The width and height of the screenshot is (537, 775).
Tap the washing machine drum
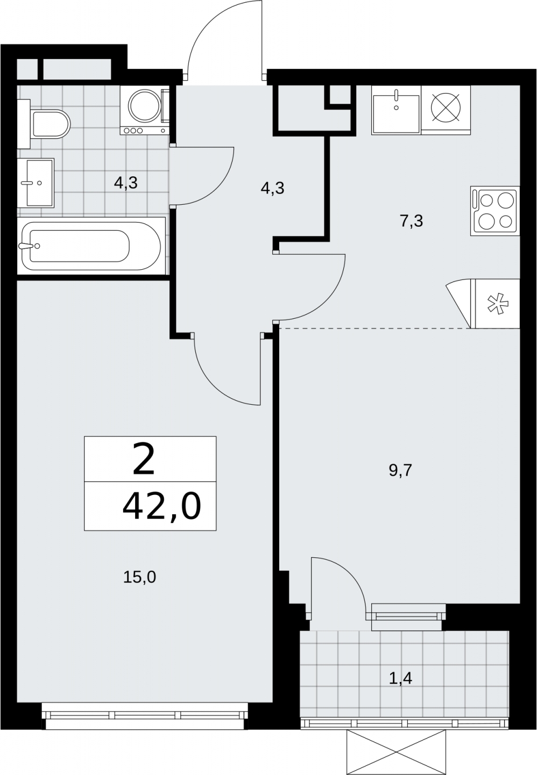(x=145, y=105)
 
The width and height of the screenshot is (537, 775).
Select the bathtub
(x=91, y=246)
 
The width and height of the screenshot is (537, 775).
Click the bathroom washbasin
(x=36, y=183)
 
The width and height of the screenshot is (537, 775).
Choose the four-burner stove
(x=495, y=211)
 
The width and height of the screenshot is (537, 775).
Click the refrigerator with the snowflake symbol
(x=498, y=304)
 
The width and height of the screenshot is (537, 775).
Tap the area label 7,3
(x=412, y=221)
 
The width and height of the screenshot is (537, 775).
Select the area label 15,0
(x=139, y=577)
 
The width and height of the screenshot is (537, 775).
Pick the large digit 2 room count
(x=143, y=461)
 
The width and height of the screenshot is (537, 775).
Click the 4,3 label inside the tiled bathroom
(x=126, y=182)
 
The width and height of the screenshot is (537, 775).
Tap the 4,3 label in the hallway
(x=272, y=188)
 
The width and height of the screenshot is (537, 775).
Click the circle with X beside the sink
(x=446, y=107)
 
